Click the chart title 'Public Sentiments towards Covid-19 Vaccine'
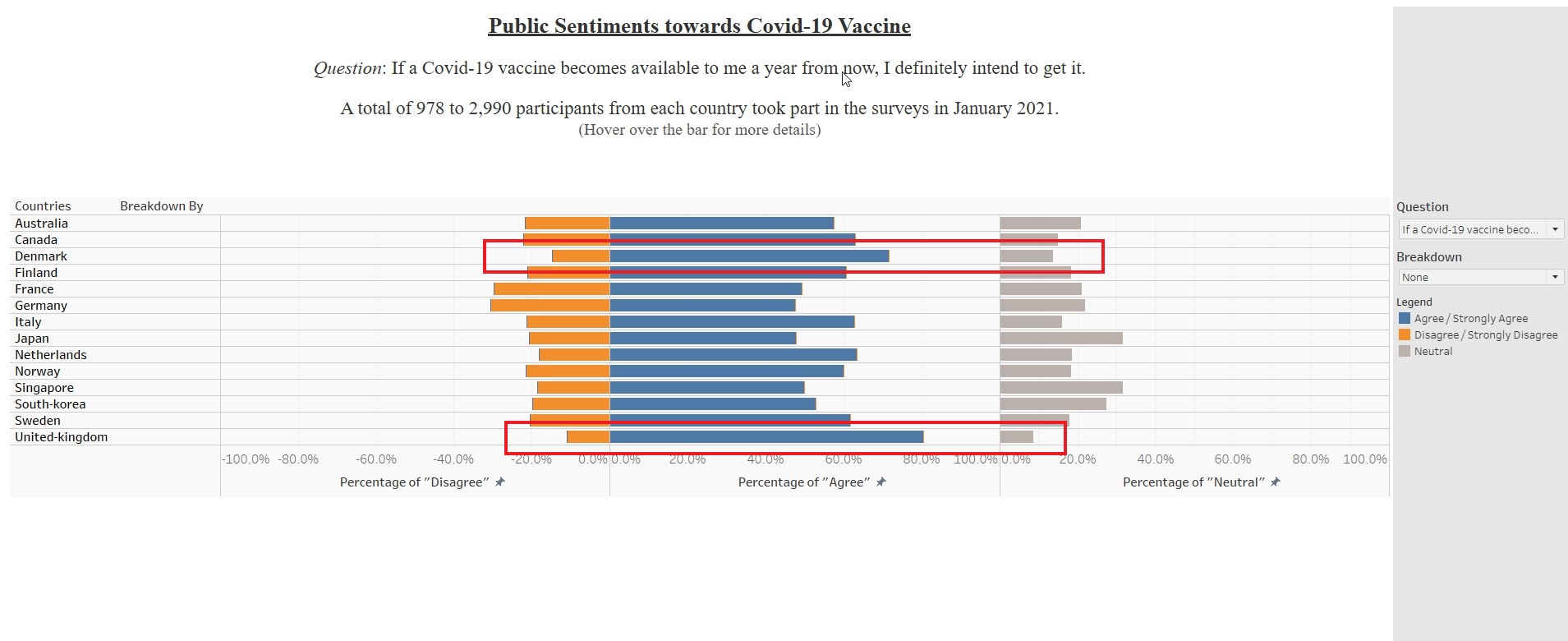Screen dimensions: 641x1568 point(699,26)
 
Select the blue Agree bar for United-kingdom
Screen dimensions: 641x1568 point(766,437)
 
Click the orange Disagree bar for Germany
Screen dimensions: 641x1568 point(550,306)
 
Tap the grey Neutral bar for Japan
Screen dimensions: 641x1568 point(1060,339)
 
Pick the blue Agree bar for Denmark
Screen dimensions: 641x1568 point(749,256)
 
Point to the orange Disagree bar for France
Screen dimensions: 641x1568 point(552,289)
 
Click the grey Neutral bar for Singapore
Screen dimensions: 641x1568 point(1060,388)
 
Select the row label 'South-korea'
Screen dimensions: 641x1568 point(50,404)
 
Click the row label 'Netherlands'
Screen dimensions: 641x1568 point(51,355)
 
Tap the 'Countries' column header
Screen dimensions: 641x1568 point(43,206)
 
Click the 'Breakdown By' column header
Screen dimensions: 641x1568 point(161,206)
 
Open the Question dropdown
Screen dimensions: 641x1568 point(1480,229)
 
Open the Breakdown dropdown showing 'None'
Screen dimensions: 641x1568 point(1480,277)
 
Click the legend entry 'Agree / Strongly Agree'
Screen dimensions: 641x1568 point(1470,319)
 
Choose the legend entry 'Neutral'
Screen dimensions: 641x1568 point(1432,352)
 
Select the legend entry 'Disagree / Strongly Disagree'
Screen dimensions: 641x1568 point(1485,335)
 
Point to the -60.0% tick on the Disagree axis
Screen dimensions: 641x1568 point(376,459)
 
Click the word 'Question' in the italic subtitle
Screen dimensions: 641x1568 point(347,68)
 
